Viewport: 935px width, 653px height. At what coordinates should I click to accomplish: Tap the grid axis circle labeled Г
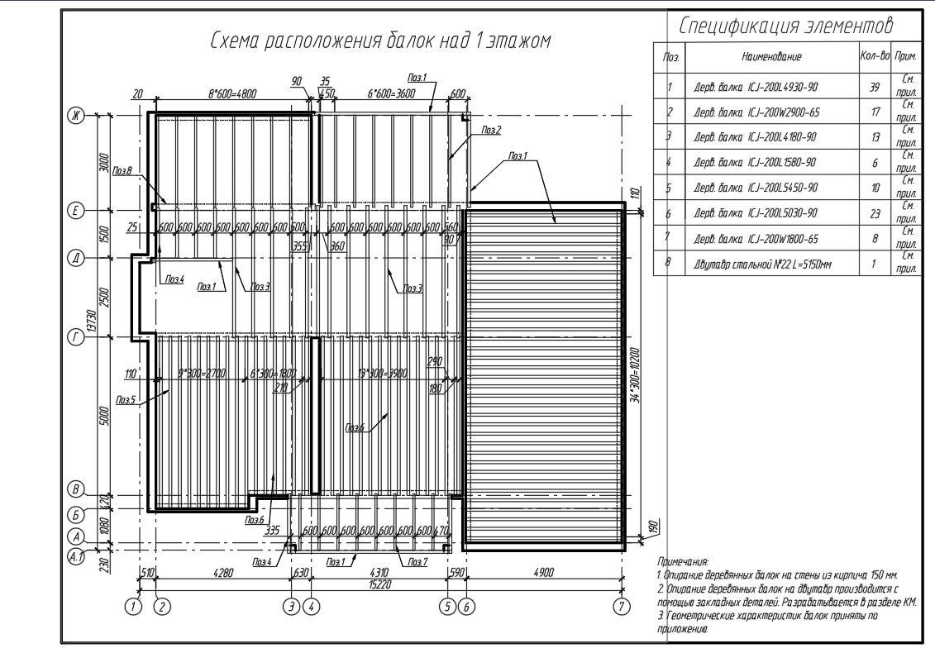coord(74,337)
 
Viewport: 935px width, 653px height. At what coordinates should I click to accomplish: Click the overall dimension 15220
coord(379,582)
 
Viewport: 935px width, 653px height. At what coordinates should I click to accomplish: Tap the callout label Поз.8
coord(123,172)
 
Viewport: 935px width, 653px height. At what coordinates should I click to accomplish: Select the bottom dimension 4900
coord(544,571)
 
